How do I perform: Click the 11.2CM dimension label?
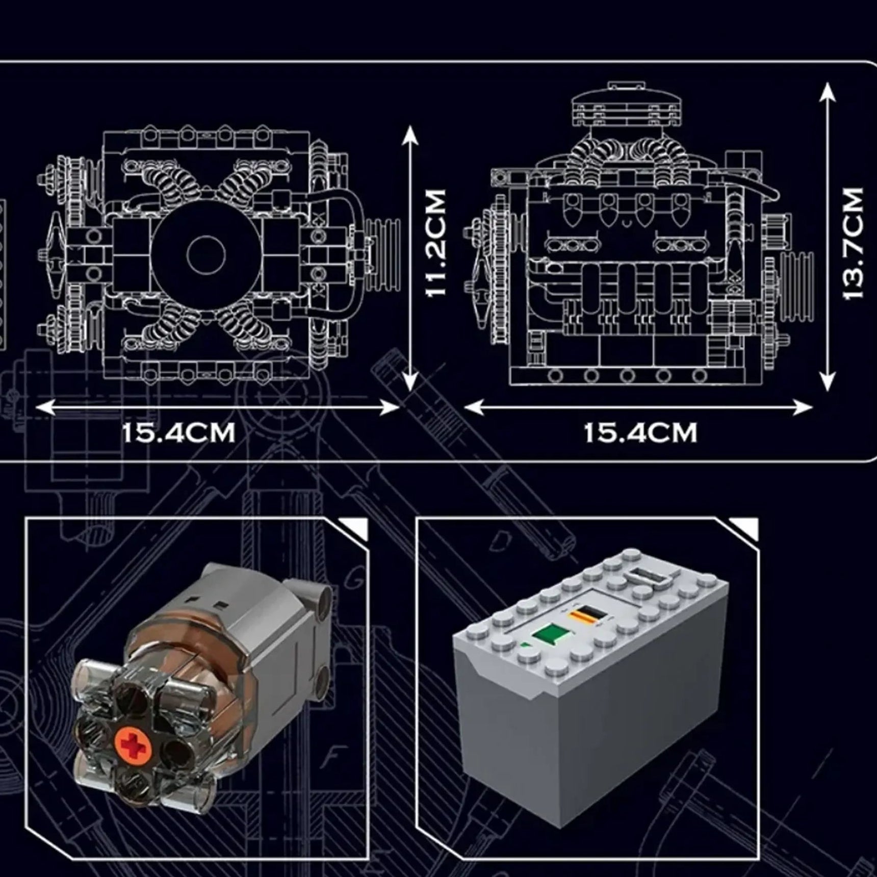pos(436,243)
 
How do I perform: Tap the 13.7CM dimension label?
pos(853,243)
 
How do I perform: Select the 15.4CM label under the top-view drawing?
pos(178,433)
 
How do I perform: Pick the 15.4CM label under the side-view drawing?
pos(640,433)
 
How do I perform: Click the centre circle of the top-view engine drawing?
pos(206,254)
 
